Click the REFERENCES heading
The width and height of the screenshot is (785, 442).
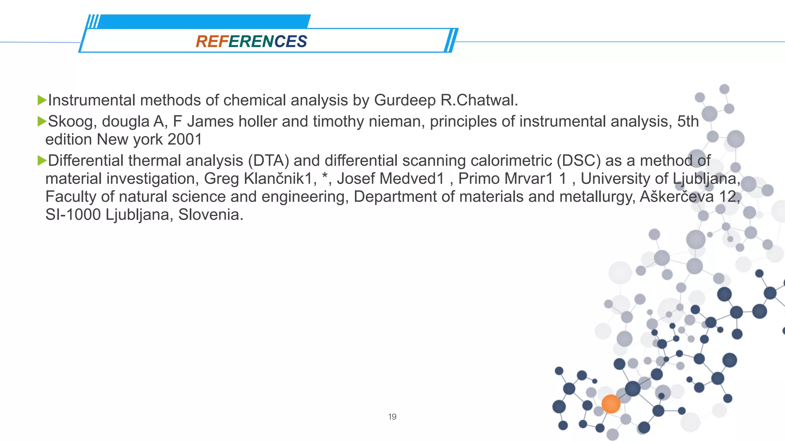point(251,41)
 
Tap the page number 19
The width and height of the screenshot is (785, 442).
point(392,417)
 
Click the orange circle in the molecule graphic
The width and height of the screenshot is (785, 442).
point(611,404)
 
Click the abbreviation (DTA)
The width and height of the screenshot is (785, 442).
point(268,161)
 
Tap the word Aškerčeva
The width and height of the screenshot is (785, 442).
point(677,197)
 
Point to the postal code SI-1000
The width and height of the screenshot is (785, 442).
point(73,215)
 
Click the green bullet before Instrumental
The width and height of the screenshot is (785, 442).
point(41,101)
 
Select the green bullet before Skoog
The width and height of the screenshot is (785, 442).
point(41,122)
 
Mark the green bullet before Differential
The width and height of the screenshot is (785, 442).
point(41,161)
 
